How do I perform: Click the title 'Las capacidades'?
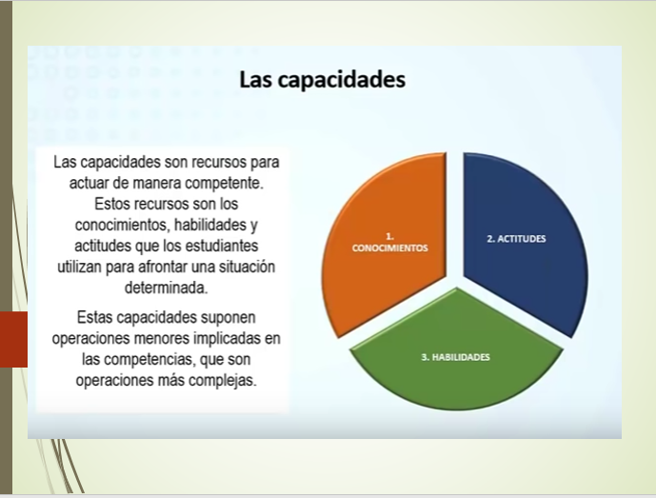pyautogui.click(x=322, y=78)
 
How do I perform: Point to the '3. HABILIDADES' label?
pyautogui.click(x=455, y=356)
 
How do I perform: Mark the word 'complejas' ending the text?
pyautogui.click(x=226, y=379)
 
